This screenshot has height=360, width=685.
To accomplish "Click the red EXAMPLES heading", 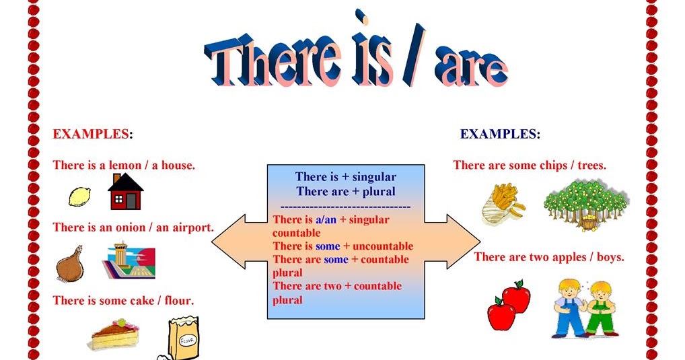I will click(90, 134).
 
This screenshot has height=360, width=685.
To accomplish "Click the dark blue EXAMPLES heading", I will click(499, 134).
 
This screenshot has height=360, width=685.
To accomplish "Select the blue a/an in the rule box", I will click(326, 220).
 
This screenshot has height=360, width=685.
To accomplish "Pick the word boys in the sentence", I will click(610, 257).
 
